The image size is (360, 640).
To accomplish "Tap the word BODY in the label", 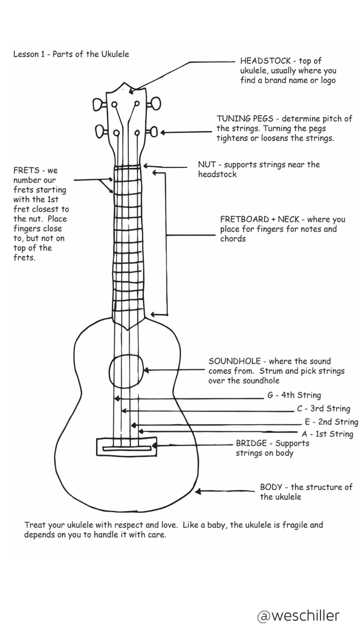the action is (x=271, y=487).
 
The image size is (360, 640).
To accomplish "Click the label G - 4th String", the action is (x=294, y=395).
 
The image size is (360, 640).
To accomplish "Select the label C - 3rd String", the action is (x=323, y=408).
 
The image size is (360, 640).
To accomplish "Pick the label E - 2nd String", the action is (x=331, y=422).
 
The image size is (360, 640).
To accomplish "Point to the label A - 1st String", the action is (x=328, y=434).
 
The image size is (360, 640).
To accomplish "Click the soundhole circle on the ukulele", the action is (x=109, y=371).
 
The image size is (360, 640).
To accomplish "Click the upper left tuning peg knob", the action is (x=99, y=104).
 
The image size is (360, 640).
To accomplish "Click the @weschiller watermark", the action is (x=298, y=615).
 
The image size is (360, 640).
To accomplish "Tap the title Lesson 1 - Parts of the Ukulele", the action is (x=71, y=54).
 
